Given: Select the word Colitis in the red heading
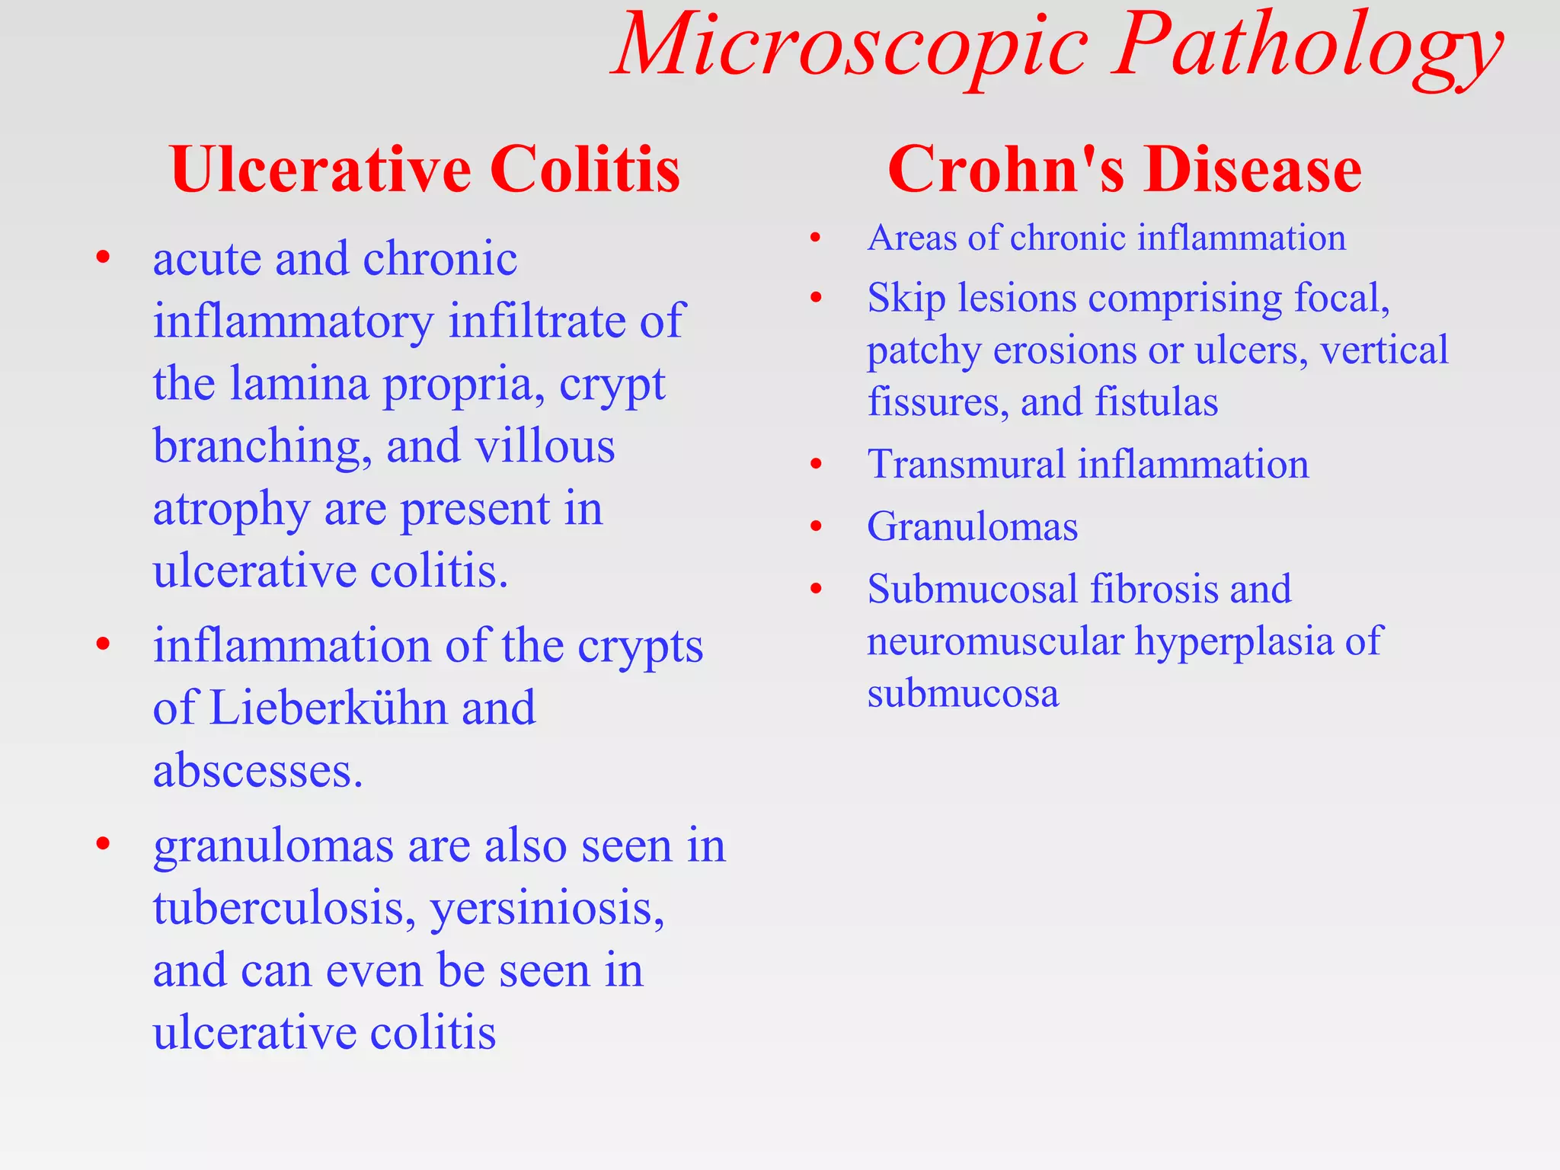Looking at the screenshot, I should pyautogui.click(x=584, y=169).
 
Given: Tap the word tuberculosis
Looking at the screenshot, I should pyautogui.click(x=283, y=908).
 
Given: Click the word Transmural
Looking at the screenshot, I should pyautogui.click(x=966, y=464).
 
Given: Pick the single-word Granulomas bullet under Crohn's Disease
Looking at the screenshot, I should pyautogui.click(x=972, y=526).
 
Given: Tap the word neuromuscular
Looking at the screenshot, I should pyautogui.click(x=995, y=641).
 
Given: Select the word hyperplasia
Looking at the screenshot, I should pyautogui.click(x=1233, y=641).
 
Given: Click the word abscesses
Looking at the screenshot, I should pyautogui.click(x=257, y=770).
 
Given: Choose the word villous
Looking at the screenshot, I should pyautogui.click(x=545, y=446).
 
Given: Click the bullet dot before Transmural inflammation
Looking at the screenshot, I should pyautogui.click(x=817, y=464).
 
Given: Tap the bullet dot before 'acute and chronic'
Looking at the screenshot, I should pyautogui.click(x=104, y=257).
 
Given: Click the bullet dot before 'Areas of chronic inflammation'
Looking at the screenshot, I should pyautogui.click(x=816, y=238).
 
